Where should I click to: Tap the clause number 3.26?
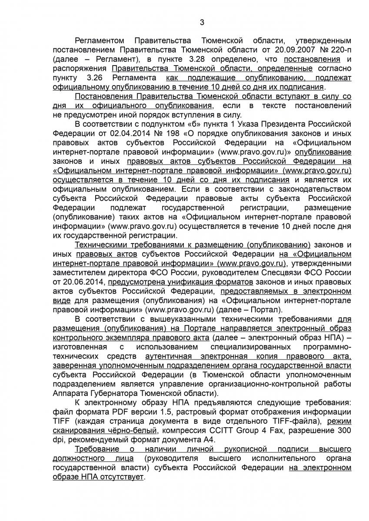89,78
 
